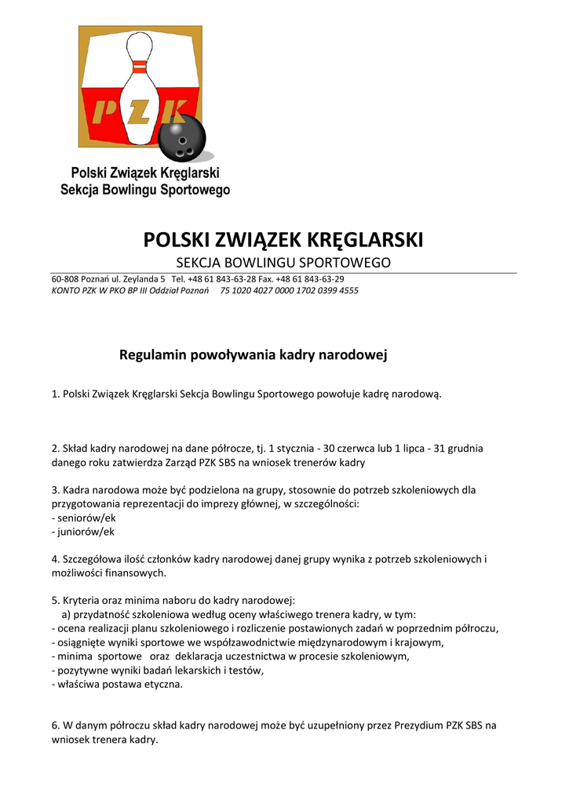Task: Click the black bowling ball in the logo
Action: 181,140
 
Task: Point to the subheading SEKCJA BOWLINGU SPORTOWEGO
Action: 282,262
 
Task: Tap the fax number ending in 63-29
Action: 317,279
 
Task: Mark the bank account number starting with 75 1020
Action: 289,290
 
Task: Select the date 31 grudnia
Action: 454,449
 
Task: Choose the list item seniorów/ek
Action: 82,518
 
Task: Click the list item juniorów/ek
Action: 82,532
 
